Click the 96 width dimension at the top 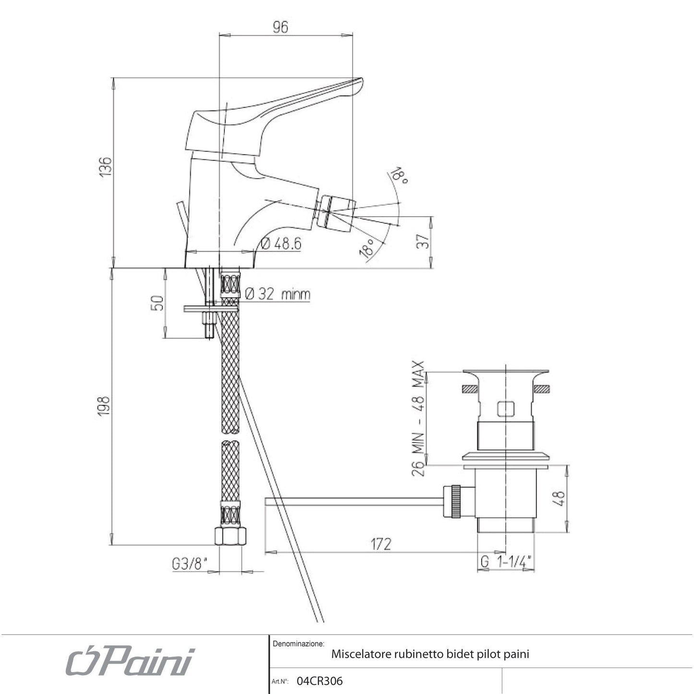coord(280,27)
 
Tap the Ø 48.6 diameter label coord(281,244)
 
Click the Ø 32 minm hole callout coord(278,294)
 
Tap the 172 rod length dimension coord(380,544)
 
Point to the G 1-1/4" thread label coord(506,561)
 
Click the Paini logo coord(130,663)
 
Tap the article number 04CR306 coord(320,681)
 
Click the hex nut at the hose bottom coord(231,536)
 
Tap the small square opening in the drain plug coord(505,409)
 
